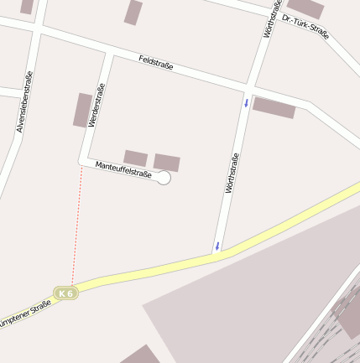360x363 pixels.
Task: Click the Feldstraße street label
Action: pos(155,62)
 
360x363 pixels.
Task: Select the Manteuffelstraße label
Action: pos(123,169)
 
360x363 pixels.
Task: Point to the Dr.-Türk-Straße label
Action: pos(305,27)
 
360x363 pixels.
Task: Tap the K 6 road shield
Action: pos(65,293)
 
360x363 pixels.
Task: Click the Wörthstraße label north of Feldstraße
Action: pos(271,19)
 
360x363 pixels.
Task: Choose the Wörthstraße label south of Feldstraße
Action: pos(232,173)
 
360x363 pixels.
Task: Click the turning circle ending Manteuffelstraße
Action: pos(164,178)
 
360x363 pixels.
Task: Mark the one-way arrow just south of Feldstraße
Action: pos(246,103)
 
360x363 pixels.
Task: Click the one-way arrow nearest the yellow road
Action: pos(217,246)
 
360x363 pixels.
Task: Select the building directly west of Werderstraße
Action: pos(82,110)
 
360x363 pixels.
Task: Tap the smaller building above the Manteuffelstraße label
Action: pos(135,158)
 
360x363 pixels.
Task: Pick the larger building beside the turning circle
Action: pos(166,162)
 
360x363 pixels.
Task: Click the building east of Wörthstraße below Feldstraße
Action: pos(274,107)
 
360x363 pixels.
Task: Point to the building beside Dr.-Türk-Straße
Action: pos(305,8)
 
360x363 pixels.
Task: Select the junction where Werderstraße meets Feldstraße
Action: pos(109,51)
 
